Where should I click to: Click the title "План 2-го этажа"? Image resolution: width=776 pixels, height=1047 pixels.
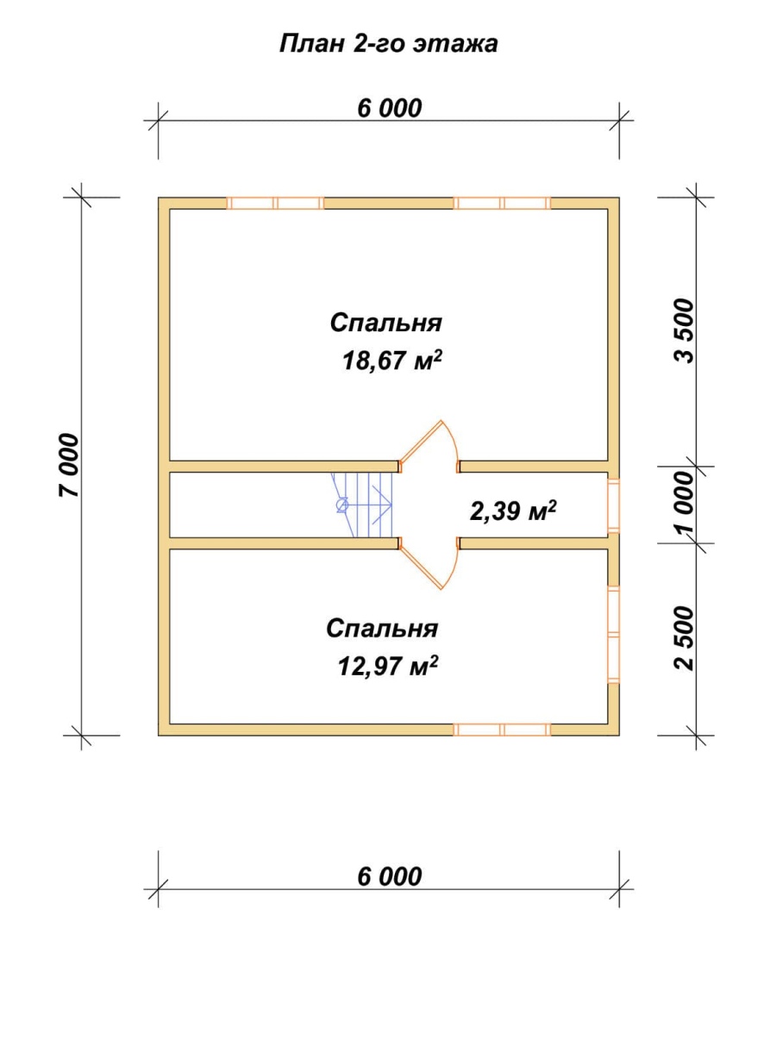coord(388,45)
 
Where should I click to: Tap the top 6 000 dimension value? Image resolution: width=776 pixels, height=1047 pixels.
coord(390,109)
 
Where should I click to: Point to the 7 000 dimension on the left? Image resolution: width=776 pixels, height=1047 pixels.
coord(69,465)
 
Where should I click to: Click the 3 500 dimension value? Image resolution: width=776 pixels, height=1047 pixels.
coord(685,331)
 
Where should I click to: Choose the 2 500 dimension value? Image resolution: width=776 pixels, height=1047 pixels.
coord(685,638)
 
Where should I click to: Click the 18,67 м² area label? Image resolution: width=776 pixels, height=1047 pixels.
coord(391,361)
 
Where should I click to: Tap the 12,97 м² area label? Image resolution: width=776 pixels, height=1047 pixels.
coord(387,666)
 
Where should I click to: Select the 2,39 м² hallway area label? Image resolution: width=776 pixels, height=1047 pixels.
coord(513,511)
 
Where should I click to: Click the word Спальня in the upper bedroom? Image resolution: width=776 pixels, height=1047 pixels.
coord(385,323)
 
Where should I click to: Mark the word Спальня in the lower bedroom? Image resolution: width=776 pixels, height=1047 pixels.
coord(382,629)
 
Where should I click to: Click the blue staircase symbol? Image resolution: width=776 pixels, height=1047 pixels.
coord(362,505)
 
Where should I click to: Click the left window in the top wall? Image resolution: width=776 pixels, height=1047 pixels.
coord(275,204)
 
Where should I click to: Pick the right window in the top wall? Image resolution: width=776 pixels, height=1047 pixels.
coord(502,204)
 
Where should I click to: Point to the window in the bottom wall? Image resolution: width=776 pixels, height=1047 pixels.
coord(502,730)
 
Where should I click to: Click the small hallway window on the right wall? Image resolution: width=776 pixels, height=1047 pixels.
coord(613,505)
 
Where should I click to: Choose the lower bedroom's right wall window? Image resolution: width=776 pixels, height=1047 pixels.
coord(613,635)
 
